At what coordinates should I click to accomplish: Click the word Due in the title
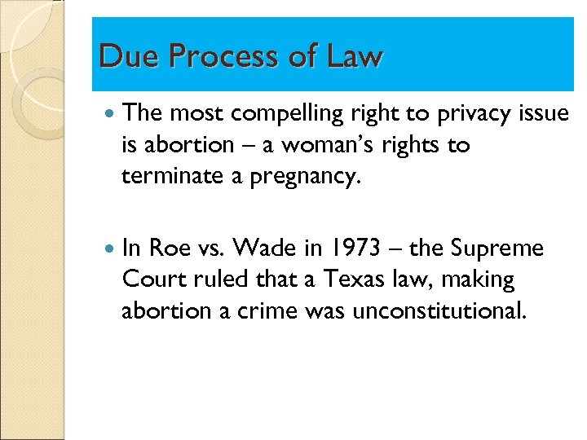(121, 56)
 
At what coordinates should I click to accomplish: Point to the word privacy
(464, 115)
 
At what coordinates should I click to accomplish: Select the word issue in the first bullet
(542, 115)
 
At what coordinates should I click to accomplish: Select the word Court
(156, 279)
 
